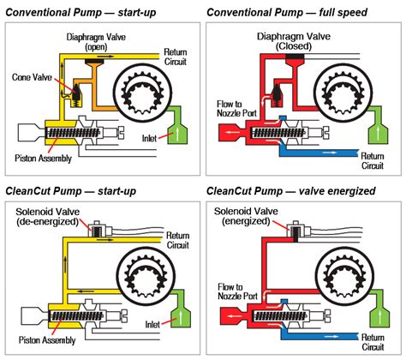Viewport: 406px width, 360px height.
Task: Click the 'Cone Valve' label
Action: [x=32, y=77]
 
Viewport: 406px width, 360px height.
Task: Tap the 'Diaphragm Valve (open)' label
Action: [x=96, y=42]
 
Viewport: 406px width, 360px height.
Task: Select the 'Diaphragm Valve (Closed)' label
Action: [x=294, y=41]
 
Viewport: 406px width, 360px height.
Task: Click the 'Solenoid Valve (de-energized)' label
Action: [x=47, y=217]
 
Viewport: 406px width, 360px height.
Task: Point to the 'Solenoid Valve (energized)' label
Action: [x=246, y=216]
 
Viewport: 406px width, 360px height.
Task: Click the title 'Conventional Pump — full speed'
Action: [x=287, y=12]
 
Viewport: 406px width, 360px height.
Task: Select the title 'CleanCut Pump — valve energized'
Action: [x=291, y=191]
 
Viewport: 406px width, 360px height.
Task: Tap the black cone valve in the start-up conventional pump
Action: [x=76, y=92]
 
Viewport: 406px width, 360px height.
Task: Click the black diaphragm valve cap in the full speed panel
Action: [x=296, y=57]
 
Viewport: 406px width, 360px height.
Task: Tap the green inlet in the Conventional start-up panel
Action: [x=176, y=127]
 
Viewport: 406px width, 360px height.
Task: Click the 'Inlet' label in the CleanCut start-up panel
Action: [x=152, y=325]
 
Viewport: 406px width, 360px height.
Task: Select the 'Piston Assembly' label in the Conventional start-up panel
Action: [x=43, y=159]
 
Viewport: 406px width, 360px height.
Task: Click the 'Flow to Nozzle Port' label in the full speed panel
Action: [x=236, y=109]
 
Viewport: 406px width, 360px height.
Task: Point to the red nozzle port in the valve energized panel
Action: [x=233, y=316]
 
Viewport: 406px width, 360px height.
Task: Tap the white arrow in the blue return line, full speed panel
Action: [x=330, y=153]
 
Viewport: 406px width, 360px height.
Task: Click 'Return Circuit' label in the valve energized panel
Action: [x=373, y=342]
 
